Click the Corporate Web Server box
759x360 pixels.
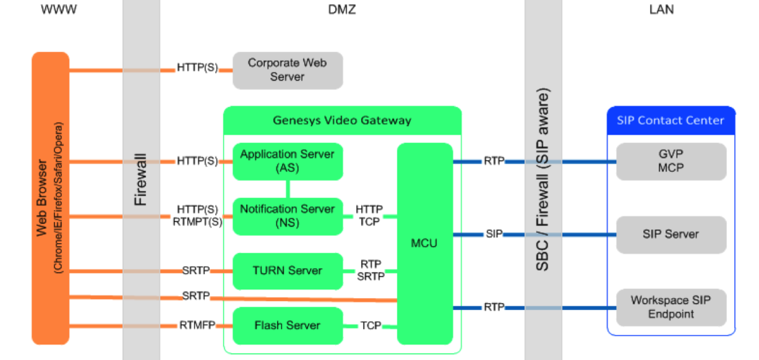(288, 70)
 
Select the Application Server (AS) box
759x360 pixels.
(288, 161)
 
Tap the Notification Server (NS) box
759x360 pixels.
(288, 216)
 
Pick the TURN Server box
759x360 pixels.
(288, 271)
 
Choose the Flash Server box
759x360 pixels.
(288, 326)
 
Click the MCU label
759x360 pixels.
(424, 243)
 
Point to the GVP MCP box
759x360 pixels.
(671, 161)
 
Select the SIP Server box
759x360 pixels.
(671, 234)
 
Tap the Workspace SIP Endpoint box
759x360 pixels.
(671, 307)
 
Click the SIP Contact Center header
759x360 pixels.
(671, 120)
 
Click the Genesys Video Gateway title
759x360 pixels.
(342, 120)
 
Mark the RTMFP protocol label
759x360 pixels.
(197, 326)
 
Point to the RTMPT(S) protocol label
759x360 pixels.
(197, 221)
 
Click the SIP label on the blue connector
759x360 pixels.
(494, 234)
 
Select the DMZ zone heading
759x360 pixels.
(342, 9)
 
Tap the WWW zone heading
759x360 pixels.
(59, 9)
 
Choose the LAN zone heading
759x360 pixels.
(662, 9)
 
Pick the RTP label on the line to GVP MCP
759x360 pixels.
(494, 161)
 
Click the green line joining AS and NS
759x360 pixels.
(288, 189)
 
